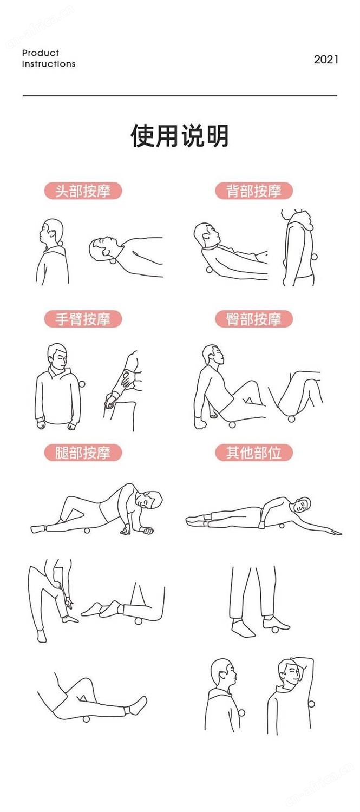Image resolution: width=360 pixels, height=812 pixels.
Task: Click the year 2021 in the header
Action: pyautogui.click(x=326, y=59)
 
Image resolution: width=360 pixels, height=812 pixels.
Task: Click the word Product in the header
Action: pyautogui.click(x=40, y=53)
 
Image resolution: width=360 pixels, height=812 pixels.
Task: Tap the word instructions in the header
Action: pyautogui.click(x=49, y=64)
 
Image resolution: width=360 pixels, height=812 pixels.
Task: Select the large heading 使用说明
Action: pyautogui.click(x=180, y=135)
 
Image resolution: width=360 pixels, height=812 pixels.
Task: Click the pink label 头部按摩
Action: pyautogui.click(x=83, y=191)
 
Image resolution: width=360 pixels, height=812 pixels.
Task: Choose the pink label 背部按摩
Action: pyautogui.click(x=254, y=191)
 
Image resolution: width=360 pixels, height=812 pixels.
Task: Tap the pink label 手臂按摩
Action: pyautogui.click(x=83, y=319)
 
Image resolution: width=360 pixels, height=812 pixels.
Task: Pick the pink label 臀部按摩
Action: pyautogui.click(x=254, y=319)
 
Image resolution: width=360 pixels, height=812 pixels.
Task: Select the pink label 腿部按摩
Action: pyautogui.click(x=83, y=453)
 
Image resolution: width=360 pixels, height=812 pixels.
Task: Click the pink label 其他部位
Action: pyautogui.click(x=254, y=453)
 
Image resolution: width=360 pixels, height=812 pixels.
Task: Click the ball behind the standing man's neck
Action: pyautogui.click(x=60, y=243)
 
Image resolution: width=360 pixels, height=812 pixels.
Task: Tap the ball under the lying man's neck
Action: pyautogui.click(x=113, y=260)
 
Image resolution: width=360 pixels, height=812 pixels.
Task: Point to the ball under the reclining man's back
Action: pyautogui.click(x=209, y=270)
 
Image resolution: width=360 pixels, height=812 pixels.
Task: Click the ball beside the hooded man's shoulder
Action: pyautogui.click(x=82, y=384)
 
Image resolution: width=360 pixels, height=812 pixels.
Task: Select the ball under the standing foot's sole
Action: pyautogui.click(x=275, y=630)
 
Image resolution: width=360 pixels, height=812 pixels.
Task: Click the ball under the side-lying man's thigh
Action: pyautogui.click(x=87, y=531)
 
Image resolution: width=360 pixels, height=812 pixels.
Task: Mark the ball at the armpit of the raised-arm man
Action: pyautogui.click(x=311, y=704)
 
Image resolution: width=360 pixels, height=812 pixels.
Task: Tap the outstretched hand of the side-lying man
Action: pyautogui.click(x=333, y=532)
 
